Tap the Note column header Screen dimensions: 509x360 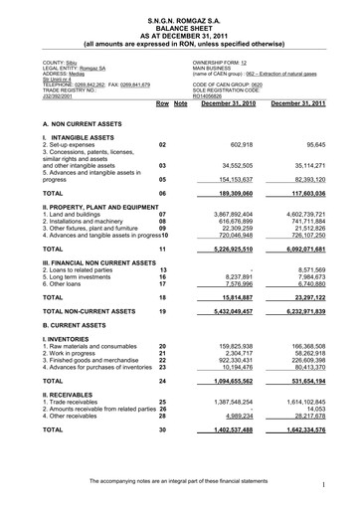click(180, 103)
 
